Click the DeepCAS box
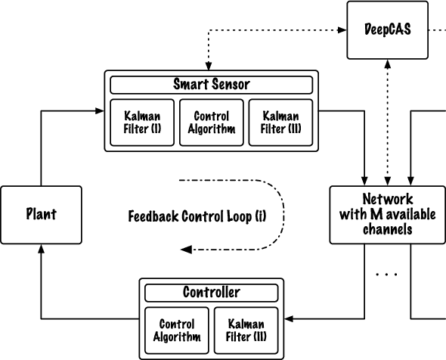click(387, 30)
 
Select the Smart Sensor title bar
click(211, 84)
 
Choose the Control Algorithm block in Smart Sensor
click(211, 122)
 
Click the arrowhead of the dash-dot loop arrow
click(186, 249)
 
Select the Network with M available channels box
click(387, 214)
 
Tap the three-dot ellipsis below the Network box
click(386, 275)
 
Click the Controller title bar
click(212, 292)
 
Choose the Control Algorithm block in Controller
click(177, 331)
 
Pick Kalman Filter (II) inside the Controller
click(246, 331)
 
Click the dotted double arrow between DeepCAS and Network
click(387, 123)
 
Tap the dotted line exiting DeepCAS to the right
click(436, 30)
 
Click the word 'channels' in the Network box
click(387, 228)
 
